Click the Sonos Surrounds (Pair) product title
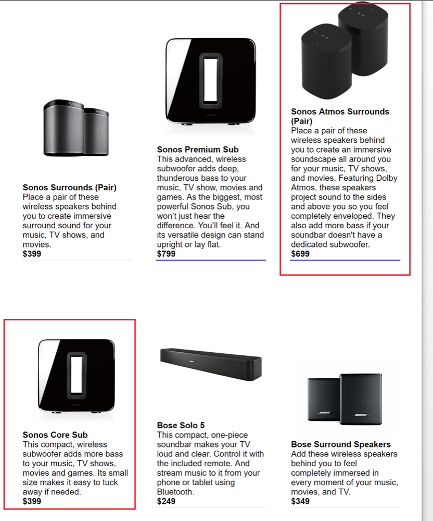69,188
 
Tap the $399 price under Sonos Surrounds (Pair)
32,254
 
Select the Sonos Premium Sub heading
198,150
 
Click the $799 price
166,254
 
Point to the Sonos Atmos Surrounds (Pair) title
340,116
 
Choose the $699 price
300,254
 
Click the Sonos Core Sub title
55,435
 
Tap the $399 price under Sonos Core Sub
32,501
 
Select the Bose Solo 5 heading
181,425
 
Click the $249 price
166,501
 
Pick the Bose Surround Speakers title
340,444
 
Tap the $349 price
300,501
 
